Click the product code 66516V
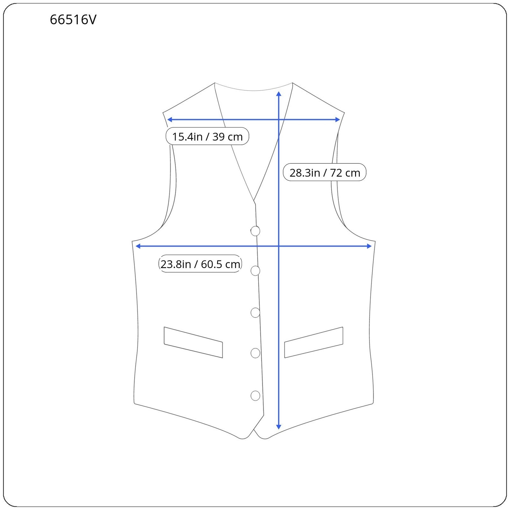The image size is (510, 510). click(x=73, y=20)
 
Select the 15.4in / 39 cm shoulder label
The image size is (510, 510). click(x=207, y=136)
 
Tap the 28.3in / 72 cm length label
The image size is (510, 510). click(x=324, y=172)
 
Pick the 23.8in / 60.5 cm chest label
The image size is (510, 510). click(x=200, y=264)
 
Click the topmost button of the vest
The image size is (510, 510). click(x=255, y=231)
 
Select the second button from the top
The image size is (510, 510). click(x=255, y=271)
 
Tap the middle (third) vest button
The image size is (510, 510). click(x=255, y=313)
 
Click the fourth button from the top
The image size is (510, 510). click(x=255, y=353)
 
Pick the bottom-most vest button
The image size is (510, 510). click(x=255, y=396)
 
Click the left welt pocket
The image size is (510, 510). click(x=193, y=342)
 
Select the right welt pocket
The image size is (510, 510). click(x=314, y=342)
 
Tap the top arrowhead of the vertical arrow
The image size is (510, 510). click(x=279, y=94)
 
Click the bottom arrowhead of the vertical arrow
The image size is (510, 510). click(x=279, y=427)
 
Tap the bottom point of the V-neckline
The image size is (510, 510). click(x=254, y=201)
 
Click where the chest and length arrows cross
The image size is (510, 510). click(x=279, y=246)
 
